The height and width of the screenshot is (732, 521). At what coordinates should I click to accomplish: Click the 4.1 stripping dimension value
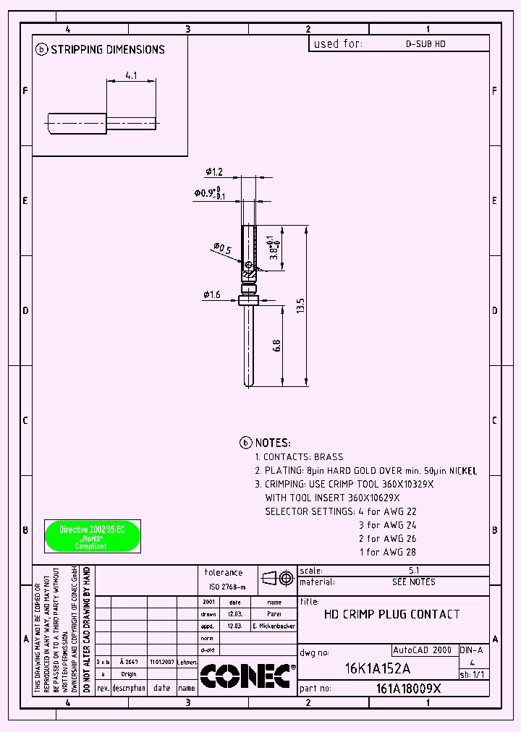click(x=130, y=75)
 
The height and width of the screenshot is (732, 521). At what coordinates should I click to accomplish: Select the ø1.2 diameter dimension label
click(x=213, y=172)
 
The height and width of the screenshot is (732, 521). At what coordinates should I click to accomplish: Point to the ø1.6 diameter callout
click(x=211, y=294)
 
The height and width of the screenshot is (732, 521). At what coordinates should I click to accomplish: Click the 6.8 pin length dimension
click(x=276, y=346)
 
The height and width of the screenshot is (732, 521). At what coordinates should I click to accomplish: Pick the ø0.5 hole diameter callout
click(x=222, y=250)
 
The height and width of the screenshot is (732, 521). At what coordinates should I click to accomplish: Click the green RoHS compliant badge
click(x=93, y=536)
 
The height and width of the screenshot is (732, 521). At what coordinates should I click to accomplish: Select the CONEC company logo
click(x=247, y=676)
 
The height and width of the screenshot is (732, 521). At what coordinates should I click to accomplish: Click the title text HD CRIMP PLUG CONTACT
click(x=391, y=614)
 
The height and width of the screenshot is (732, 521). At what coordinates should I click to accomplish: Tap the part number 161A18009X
click(x=408, y=689)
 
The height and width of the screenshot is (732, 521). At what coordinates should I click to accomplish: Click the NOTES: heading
click(x=273, y=443)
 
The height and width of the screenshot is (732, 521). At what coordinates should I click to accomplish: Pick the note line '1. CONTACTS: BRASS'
click(x=299, y=457)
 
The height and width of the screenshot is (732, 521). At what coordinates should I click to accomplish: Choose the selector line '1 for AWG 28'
click(x=388, y=552)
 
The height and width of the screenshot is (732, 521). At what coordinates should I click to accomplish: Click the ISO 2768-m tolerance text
click(x=227, y=587)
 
